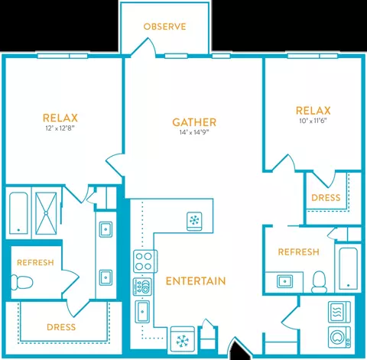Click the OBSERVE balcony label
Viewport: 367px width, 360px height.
point(164,27)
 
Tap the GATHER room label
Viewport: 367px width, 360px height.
point(194,122)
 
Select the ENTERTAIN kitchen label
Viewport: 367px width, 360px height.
point(196,281)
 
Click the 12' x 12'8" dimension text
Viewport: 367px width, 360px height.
point(60,128)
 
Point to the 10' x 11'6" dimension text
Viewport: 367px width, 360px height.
point(313,121)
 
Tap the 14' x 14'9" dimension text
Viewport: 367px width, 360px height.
point(194,132)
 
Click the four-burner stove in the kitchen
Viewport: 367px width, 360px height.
point(145,261)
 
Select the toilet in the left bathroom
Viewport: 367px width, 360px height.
point(22,282)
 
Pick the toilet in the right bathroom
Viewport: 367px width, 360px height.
point(319,281)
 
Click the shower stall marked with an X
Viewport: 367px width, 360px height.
point(46,213)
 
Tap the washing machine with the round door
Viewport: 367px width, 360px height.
point(339,337)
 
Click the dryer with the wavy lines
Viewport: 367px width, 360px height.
point(339,312)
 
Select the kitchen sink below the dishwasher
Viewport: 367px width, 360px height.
point(142,312)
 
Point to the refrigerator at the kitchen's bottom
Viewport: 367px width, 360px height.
point(183,340)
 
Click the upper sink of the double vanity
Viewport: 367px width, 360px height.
point(106,229)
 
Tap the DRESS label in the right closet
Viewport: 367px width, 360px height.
point(326,198)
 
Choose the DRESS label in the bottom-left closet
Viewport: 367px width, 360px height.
point(61,327)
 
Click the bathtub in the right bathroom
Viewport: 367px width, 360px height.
point(348,268)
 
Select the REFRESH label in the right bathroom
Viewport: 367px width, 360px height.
point(298,252)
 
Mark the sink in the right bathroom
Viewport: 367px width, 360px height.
point(284,281)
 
